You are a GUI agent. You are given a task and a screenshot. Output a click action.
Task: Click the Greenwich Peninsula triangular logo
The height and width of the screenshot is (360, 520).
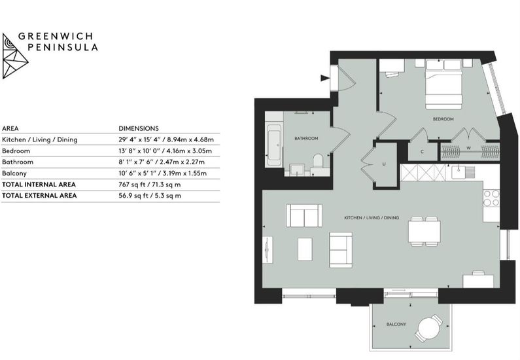[x=14, y=56]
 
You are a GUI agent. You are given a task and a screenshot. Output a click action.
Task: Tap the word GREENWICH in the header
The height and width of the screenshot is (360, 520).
[x=56, y=36]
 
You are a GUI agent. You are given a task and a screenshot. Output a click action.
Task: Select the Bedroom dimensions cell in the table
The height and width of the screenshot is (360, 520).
[x=165, y=151]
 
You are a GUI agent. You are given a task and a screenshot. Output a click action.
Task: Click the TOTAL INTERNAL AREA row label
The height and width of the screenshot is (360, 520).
[x=39, y=185]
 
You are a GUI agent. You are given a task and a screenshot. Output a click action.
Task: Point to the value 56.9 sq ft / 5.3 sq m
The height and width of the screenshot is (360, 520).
[x=150, y=196]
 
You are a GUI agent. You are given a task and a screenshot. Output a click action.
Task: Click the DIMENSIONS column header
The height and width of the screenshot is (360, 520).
[x=139, y=128]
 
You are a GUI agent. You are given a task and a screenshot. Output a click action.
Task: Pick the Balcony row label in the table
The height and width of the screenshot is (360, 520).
[x=14, y=173]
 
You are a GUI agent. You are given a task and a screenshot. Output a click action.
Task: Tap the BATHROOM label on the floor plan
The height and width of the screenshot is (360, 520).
[x=306, y=138]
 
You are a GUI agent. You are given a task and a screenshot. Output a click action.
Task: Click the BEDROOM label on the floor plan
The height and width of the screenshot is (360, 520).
[x=443, y=118]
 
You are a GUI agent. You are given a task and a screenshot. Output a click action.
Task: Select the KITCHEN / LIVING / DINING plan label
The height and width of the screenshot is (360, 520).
[x=372, y=218]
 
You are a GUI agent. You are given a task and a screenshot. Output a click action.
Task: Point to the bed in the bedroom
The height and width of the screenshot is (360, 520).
[x=443, y=84]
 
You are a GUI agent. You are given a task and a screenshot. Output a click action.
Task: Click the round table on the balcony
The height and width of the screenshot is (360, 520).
[x=429, y=329]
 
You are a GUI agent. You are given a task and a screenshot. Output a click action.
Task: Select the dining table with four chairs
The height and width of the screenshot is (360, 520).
[x=424, y=232]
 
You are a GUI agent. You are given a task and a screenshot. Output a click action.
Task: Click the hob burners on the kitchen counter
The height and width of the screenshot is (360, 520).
[x=491, y=198]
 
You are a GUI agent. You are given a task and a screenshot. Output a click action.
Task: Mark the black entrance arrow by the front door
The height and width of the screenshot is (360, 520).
[x=325, y=78]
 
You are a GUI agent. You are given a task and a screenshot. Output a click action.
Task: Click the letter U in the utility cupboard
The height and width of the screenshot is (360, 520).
[x=384, y=164]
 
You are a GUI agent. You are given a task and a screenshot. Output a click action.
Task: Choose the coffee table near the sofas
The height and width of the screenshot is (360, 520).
[x=305, y=249]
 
